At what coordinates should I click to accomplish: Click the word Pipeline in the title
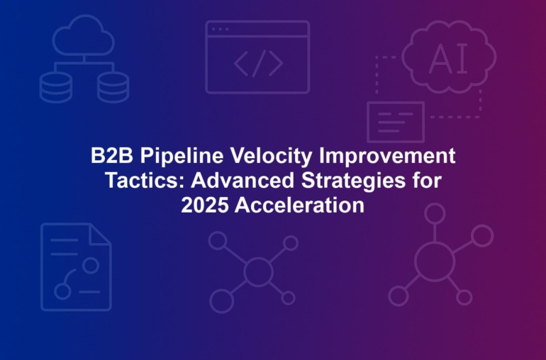click(x=182, y=156)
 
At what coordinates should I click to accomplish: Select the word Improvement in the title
click(x=387, y=155)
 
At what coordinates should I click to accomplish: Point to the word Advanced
click(x=243, y=180)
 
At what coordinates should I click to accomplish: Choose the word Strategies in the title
click(x=353, y=181)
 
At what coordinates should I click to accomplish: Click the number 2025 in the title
click(x=205, y=205)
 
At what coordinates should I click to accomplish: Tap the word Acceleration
click(x=299, y=205)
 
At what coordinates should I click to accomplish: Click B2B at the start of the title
click(x=112, y=155)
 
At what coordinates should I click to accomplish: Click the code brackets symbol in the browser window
click(x=258, y=63)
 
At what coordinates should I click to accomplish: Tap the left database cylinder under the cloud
click(x=56, y=87)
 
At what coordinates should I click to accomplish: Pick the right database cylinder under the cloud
click(x=113, y=87)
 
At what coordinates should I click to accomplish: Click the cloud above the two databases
click(x=84, y=35)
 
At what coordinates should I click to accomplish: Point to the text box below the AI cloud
click(x=396, y=122)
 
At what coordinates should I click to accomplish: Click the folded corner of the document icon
click(x=99, y=234)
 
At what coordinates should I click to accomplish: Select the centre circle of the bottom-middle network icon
click(x=258, y=271)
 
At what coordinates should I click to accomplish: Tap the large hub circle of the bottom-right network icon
click(x=435, y=261)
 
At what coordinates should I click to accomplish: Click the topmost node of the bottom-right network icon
click(x=435, y=213)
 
